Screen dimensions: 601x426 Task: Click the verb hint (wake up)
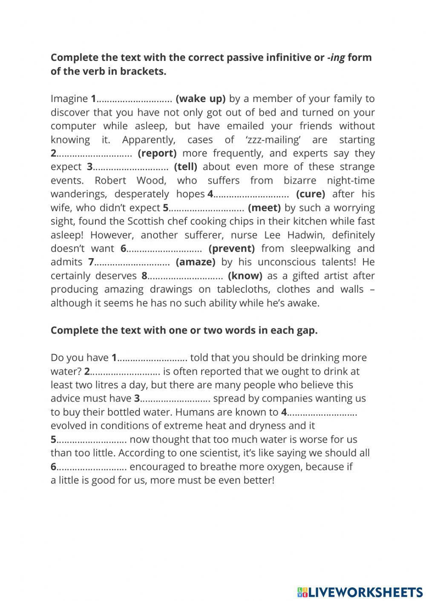[x=200, y=99]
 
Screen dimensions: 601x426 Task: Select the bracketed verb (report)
[x=157, y=153]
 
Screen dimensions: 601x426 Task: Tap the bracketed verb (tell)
[x=185, y=167]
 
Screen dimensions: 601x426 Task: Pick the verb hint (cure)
[x=311, y=194]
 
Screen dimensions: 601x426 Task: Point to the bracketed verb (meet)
[x=264, y=208]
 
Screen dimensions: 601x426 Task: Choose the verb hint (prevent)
[x=232, y=248]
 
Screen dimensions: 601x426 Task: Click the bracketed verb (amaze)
[x=196, y=262]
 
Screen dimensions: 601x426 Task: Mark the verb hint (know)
[x=245, y=276]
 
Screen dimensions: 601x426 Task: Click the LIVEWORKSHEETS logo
[x=360, y=592]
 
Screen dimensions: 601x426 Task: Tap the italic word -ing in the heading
[x=336, y=57]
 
